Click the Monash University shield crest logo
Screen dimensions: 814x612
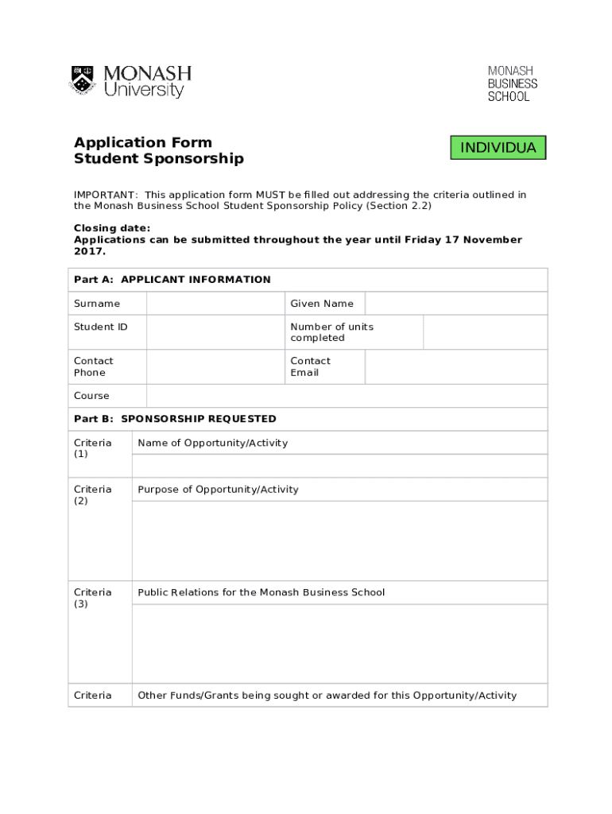[83, 80]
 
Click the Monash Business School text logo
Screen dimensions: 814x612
[512, 83]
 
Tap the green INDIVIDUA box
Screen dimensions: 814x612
[498, 148]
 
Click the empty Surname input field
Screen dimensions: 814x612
[215, 304]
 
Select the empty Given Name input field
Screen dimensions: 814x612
[455, 304]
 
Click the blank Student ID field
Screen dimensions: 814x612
[215, 332]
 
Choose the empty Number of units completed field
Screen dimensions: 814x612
[484, 332]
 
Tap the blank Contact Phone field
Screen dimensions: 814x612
[215, 366]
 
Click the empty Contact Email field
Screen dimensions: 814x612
[455, 366]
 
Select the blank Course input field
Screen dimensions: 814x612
[347, 396]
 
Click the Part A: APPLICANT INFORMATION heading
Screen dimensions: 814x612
[172, 280]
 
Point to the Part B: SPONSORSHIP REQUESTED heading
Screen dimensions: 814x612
[175, 419]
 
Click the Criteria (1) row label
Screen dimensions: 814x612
[93, 448]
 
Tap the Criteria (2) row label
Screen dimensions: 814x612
[93, 494]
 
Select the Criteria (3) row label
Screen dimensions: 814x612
[93, 598]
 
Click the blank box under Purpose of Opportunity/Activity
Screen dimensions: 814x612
[339, 541]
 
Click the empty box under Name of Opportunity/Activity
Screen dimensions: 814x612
[339, 466]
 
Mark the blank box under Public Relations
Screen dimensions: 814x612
[339, 643]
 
